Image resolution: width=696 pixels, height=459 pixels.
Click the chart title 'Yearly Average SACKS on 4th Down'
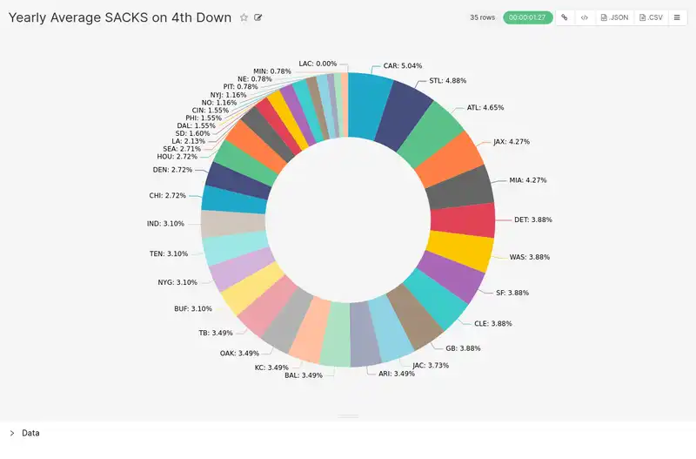pyautogui.click(x=120, y=17)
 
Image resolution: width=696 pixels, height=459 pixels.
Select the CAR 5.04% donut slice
pyautogui.click(x=369, y=105)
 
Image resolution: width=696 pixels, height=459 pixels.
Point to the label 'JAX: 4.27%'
pyautogui.click(x=511, y=141)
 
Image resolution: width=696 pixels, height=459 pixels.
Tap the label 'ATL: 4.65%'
pyautogui.click(x=485, y=108)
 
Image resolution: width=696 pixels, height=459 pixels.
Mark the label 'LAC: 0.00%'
pyautogui.click(x=317, y=64)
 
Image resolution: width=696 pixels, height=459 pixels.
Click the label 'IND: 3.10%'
pyautogui.click(x=166, y=224)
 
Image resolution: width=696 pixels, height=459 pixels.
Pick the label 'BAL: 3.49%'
pyautogui.click(x=304, y=375)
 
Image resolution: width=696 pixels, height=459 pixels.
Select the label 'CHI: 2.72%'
pyautogui.click(x=168, y=196)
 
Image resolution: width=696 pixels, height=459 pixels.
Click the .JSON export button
pyautogui.click(x=614, y=17)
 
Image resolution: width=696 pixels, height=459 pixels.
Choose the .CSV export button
pyautogui.click(x=650, y=17)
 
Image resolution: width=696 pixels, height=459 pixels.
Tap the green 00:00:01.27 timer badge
pyautogui.click(x=527, y=17)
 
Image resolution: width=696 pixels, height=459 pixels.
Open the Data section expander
pyautogui.click(x=12, y=433)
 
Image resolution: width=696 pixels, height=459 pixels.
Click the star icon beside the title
pyautogui.click(x=244, y=17)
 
